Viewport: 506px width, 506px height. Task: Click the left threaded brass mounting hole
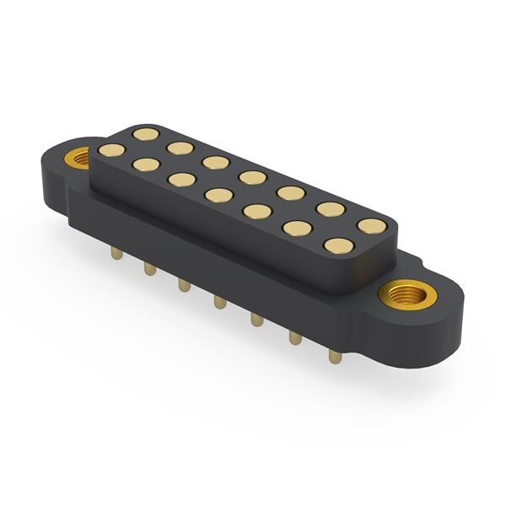78,157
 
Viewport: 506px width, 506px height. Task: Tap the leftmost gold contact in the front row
111,150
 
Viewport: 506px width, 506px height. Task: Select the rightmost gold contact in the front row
338,245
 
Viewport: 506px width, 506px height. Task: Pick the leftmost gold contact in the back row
146,133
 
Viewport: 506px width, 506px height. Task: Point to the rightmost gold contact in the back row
370,226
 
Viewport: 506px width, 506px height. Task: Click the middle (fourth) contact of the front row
219,195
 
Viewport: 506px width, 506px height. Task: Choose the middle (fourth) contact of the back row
252,177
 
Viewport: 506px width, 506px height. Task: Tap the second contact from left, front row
146,164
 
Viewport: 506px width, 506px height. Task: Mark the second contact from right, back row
331,209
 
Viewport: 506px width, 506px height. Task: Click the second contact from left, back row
180,148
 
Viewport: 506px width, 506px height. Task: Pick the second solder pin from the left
150,267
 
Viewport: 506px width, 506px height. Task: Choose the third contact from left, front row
180,179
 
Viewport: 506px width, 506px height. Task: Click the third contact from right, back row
291,193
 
